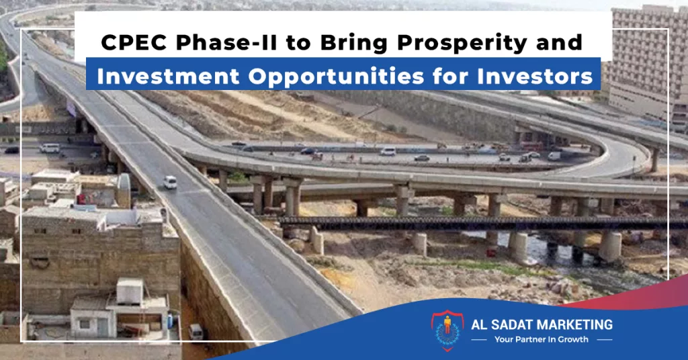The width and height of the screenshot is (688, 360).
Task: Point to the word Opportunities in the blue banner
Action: click(336, 77)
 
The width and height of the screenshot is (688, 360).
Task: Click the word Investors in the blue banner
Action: click(535, 77)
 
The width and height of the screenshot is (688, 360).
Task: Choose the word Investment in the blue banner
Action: click(168, 77)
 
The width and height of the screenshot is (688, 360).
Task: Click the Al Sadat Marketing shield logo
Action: click(447, 330)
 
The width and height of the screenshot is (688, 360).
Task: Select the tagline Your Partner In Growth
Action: click(542, 339)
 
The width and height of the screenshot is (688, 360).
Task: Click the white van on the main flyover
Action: click(170, 182)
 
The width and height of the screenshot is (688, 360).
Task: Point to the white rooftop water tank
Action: click(130, 291)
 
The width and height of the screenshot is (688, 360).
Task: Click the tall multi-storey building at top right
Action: click(648, 66)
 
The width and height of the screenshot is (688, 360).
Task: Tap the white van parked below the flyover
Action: click(196, 332)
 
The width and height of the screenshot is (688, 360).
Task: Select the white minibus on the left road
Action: click(50, 148)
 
